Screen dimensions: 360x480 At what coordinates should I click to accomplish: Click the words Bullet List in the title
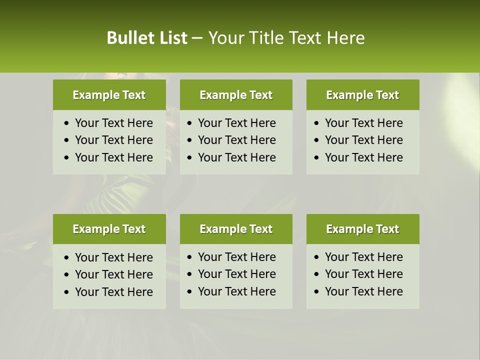point(147,38)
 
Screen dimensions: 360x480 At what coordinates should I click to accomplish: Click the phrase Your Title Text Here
point(286,38)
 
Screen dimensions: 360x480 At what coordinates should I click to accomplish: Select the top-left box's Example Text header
point(109,95)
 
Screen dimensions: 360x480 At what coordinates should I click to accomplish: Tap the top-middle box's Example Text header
point(236,95)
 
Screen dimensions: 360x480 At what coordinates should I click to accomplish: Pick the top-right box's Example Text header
point(362,95)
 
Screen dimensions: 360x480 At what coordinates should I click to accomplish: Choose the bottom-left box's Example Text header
point(109,229)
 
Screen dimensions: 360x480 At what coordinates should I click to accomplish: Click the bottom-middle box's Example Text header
point(236,229)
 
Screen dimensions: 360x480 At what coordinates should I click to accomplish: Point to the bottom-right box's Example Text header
point(362,229)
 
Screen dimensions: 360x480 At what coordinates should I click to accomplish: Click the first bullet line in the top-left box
point(114,123)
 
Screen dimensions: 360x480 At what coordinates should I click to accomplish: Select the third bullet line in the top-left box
point(114,157)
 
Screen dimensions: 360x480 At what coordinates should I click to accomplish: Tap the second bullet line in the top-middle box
point(237,140)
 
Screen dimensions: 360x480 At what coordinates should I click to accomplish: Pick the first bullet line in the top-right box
point(364,123)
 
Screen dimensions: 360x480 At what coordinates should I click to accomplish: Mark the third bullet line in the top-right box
point(364,157)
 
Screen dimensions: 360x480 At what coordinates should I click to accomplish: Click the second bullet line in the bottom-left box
point(114,274)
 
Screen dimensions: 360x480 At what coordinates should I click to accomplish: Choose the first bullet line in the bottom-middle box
point(237,257)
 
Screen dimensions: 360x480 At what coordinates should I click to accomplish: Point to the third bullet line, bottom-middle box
point(237,291)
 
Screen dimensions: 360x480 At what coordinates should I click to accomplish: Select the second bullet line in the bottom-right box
point(364,274)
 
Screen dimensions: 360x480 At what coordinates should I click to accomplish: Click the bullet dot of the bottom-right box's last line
point(317,292)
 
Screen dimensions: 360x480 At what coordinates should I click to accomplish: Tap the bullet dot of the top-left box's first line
point(67,123)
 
